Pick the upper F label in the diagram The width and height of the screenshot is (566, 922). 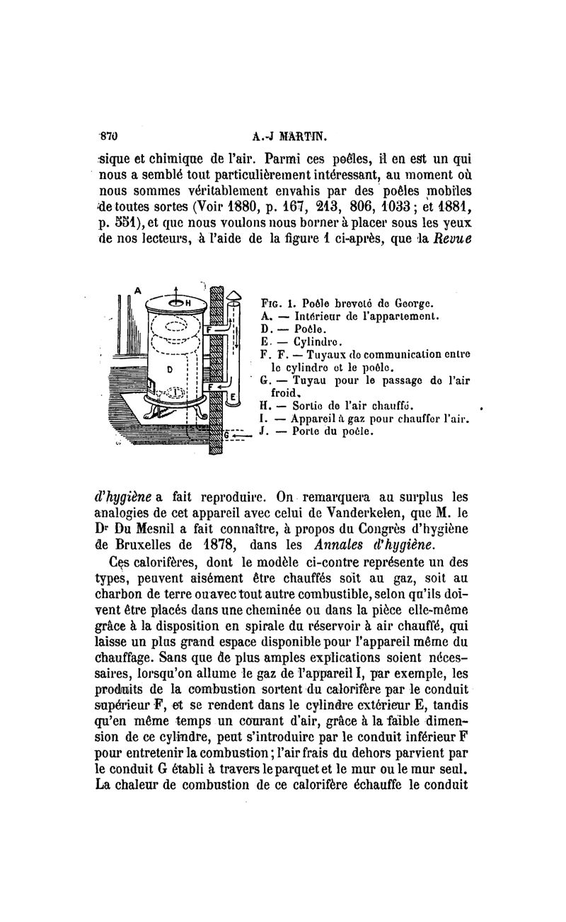point(209,330)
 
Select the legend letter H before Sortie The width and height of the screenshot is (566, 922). point(264,405)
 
